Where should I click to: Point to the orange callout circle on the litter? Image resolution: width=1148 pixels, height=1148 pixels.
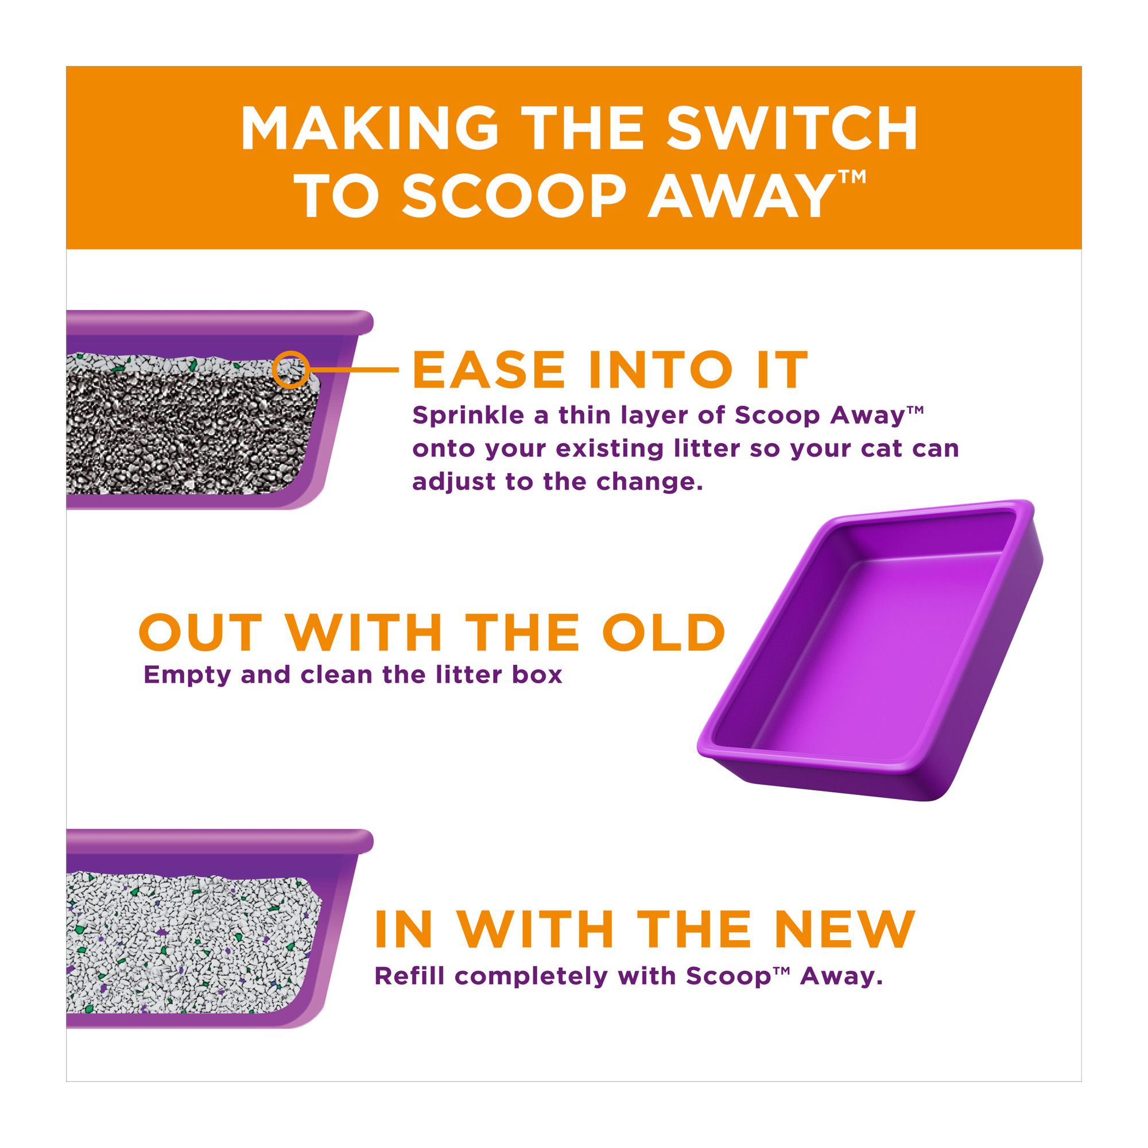point(289,369)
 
